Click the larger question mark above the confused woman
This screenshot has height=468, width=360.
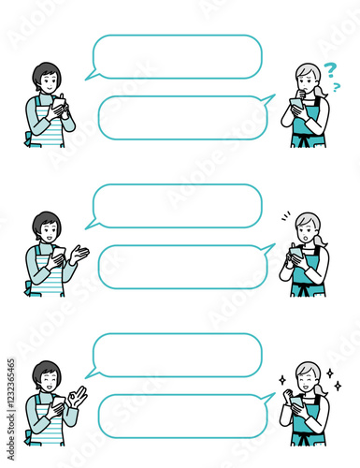[x=329, y=69]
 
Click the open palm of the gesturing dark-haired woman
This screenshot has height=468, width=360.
[x=79, y=254]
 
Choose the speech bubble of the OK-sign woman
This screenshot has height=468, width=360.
[x=177, y=356]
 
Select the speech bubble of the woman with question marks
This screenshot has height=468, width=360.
[x=183, y=118]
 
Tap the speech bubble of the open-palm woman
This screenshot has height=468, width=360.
[x=177, y=206]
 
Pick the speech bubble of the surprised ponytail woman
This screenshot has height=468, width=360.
[x=183, y=267]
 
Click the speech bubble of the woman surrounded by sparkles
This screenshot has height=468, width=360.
[x=183, y=416]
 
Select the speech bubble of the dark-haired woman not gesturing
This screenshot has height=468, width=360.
[x=177, y=57]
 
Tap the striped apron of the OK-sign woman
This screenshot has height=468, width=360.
[x=44, y=431]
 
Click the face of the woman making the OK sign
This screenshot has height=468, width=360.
[x=47, y=379]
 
